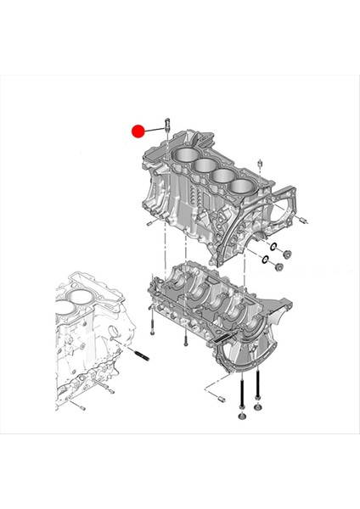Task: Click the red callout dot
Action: [x=138, y=131]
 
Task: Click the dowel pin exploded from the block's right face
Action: [x=301, y=221]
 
